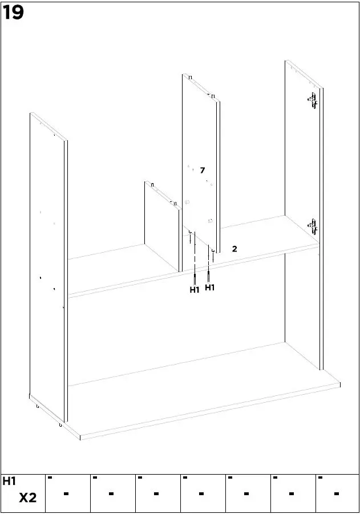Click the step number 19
click(14, 13)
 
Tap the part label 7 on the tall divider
click(202, 170)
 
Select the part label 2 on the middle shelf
click(234, 249)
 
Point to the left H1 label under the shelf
click(195, 290)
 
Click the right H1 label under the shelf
click(210, 288)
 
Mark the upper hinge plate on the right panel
click(312, 101)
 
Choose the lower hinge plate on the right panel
click(312, 226)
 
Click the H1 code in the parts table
click(10, 481)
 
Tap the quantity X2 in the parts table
click(27, 498)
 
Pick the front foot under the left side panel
click(60, 425)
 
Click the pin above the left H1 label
click(195, 278)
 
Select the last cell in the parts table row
click(337, 493)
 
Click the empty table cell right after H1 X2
click(67, 493)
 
